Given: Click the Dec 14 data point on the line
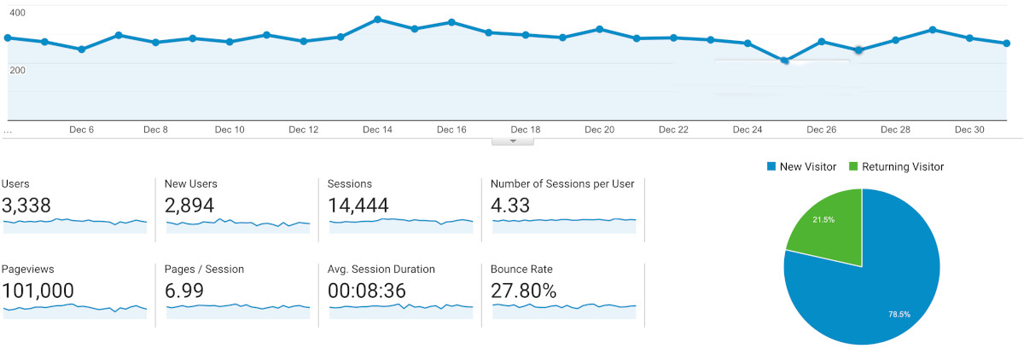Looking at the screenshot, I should [377, 19].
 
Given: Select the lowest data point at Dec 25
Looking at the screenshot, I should [784, 61].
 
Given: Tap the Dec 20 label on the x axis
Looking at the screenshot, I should [599, 130].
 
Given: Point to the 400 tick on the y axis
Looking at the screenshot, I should [17, 13].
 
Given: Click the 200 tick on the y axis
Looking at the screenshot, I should [17, 69].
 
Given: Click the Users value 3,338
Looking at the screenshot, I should [26, 205].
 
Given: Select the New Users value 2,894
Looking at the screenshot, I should [189, 205].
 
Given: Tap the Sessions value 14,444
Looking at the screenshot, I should [358, 205].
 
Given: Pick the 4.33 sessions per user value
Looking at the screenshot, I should [510, 205].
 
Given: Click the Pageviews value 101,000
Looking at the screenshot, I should [38, 290].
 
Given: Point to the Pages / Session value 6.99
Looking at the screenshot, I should [183, 290].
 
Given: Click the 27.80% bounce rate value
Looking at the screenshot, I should [523, 290].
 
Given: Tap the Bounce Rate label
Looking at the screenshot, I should [521, 269].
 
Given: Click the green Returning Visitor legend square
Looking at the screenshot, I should [853, 166].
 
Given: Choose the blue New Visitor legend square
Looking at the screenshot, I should [771, 166].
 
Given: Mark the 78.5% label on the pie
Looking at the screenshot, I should [899, 314].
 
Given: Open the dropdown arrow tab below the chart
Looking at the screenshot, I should [512, 141].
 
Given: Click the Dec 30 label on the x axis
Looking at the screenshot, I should [969, 130].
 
